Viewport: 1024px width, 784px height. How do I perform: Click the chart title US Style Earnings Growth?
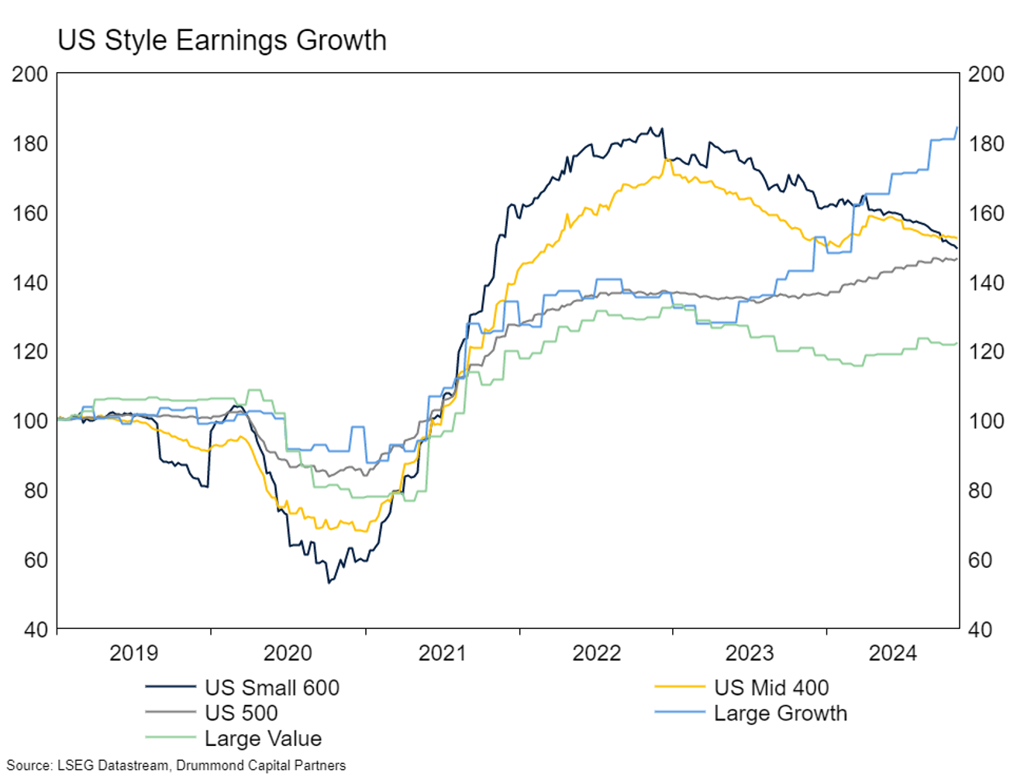222,40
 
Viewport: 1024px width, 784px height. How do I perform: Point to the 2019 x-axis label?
133,653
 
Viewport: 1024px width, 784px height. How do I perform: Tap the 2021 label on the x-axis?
442,653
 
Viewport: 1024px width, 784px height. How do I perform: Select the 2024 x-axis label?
892,653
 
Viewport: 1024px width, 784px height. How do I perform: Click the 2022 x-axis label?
596,653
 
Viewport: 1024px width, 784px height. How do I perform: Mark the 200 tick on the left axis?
30,74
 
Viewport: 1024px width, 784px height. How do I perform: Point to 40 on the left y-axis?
36,629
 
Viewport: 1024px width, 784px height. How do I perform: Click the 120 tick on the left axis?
30,352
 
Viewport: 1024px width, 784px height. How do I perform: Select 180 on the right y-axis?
986,144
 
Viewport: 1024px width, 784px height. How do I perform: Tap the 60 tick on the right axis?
981,560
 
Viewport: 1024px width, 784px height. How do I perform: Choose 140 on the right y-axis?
986,283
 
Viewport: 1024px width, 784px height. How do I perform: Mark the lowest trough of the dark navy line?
329,582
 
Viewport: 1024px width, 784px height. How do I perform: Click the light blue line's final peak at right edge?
957,128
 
